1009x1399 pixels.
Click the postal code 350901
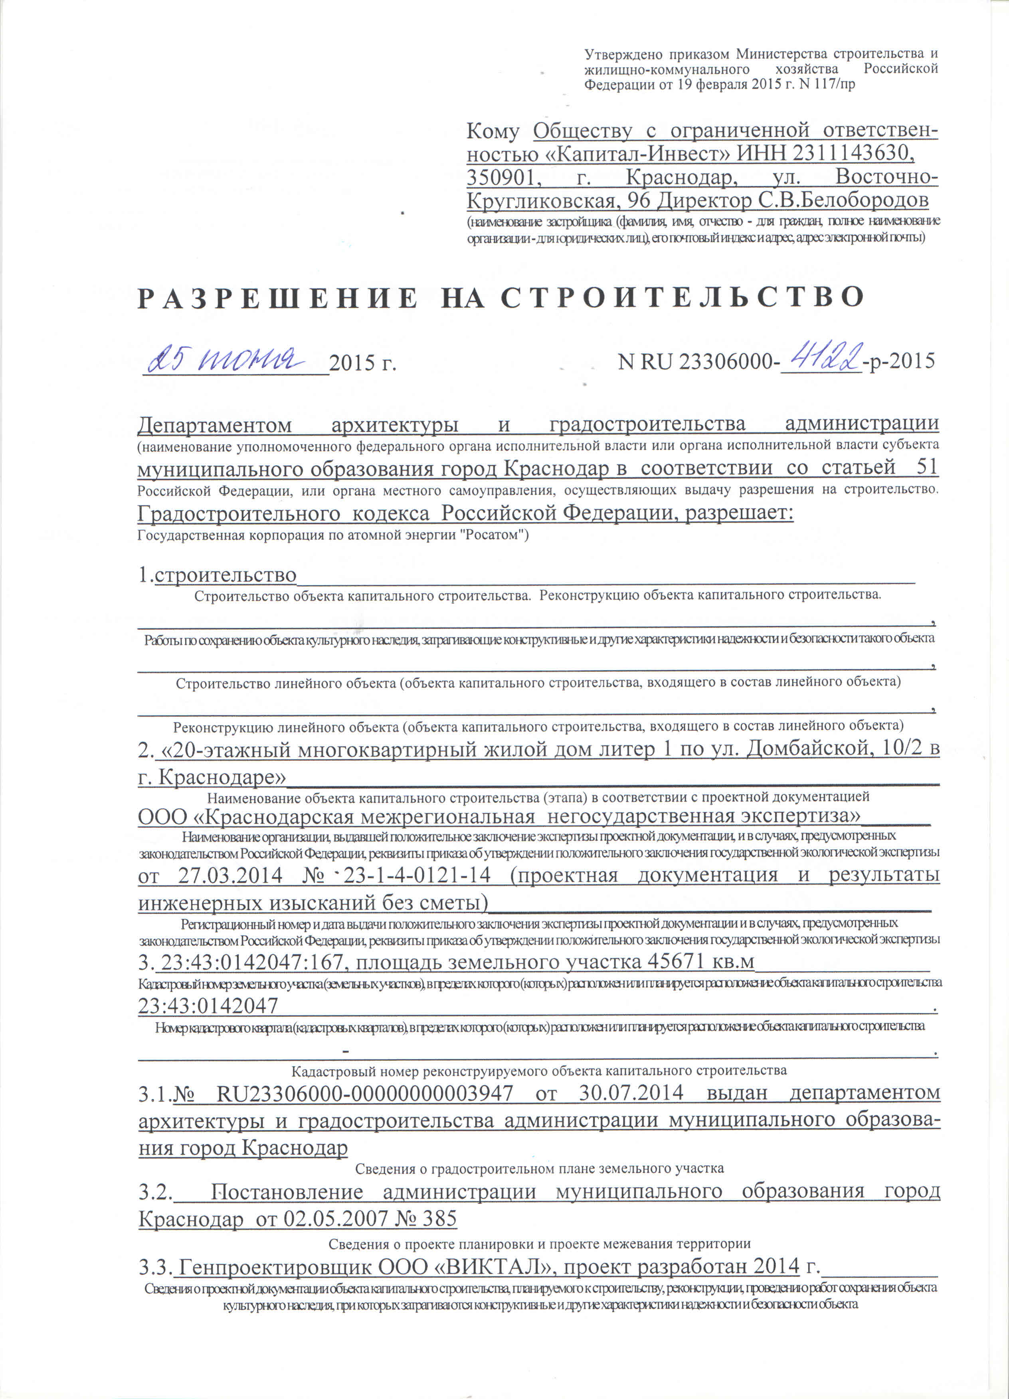[504, 177]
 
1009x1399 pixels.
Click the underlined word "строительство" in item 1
[226, 575]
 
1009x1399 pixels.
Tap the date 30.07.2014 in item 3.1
[631, 1092]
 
